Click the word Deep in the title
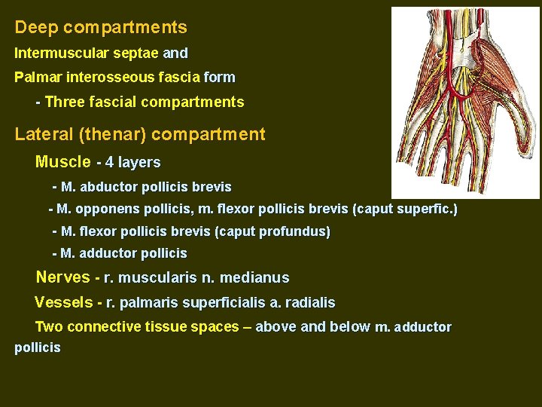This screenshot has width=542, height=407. pyautogui.click(x=37, y=28)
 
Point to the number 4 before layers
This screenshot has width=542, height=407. pyautogui.click(x=110, y=162)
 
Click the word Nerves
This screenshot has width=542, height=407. pyautogui.click(x=63, y=277)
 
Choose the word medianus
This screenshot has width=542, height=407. pyautogui.click(x=254, y=278)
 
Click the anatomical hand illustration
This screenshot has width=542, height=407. pyautogui.click(x=464, y=102)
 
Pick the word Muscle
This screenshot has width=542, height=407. pyautogui.click(x=63, y=162)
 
